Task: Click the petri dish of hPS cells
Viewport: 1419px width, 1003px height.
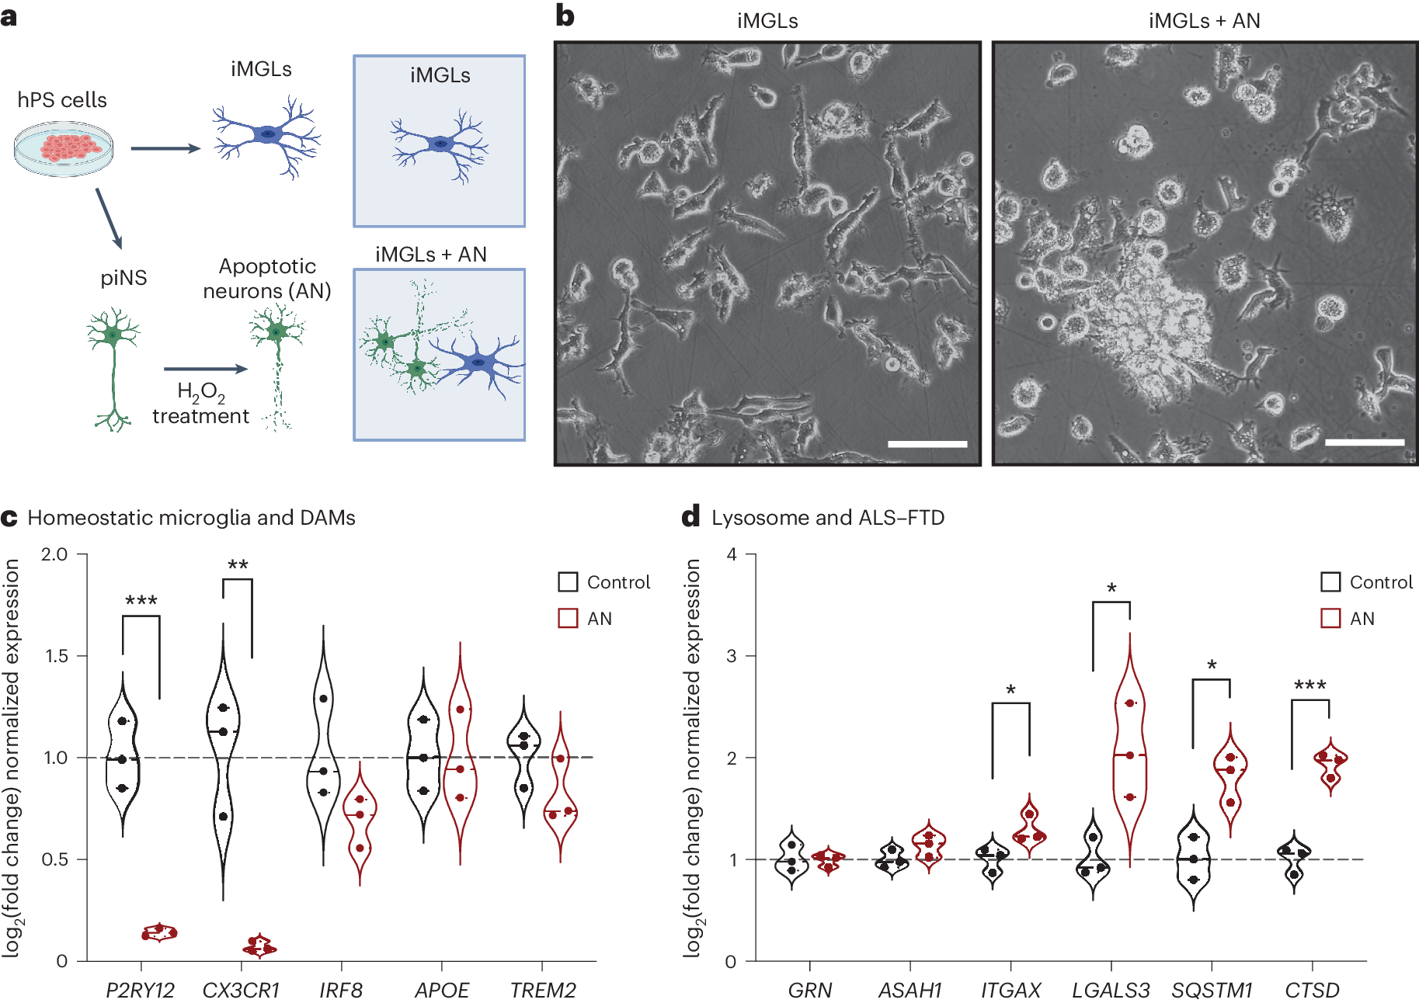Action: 64,148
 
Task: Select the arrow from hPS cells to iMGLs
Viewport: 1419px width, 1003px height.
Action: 165,148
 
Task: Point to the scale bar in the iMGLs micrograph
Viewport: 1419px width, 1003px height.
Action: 927,444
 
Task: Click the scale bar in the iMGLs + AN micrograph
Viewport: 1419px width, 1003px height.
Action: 1365,442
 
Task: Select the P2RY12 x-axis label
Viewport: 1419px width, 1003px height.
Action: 140,990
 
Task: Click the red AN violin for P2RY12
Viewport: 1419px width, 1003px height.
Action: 159,932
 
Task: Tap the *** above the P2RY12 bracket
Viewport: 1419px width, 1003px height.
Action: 141,601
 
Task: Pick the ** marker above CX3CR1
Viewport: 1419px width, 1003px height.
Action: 238,565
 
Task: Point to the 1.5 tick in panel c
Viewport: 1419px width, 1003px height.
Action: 56,656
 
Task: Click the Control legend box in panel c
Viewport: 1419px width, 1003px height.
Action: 568,582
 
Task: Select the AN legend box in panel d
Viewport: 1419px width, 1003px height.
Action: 1330,619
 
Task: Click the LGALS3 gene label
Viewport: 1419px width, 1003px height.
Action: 1111,990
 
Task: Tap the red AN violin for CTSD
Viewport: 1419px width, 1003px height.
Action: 1330,765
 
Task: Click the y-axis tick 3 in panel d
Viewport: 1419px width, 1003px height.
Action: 731,656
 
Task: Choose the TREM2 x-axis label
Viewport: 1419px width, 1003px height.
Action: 543,990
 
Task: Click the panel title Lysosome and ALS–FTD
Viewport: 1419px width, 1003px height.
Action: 827,518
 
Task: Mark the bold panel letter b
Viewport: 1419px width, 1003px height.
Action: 565,16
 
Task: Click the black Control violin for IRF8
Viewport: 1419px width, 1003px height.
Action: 323,745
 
